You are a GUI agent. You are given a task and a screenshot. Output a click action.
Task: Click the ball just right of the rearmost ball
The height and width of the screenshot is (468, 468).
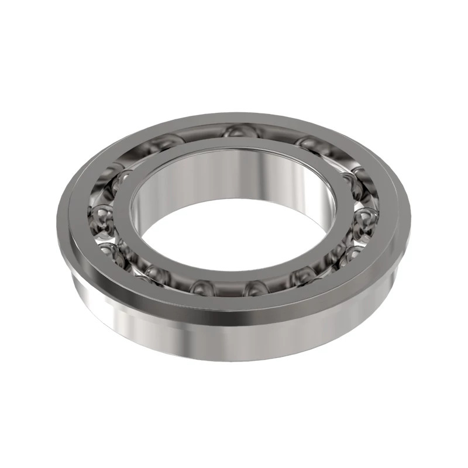[310, 144]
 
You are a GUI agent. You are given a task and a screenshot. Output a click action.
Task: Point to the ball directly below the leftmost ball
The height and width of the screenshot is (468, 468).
[111, 253]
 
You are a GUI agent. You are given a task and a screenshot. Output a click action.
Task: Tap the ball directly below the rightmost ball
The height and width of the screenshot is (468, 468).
[356, 253]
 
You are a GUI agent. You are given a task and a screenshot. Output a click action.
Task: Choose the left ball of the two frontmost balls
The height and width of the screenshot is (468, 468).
[202, 287]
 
